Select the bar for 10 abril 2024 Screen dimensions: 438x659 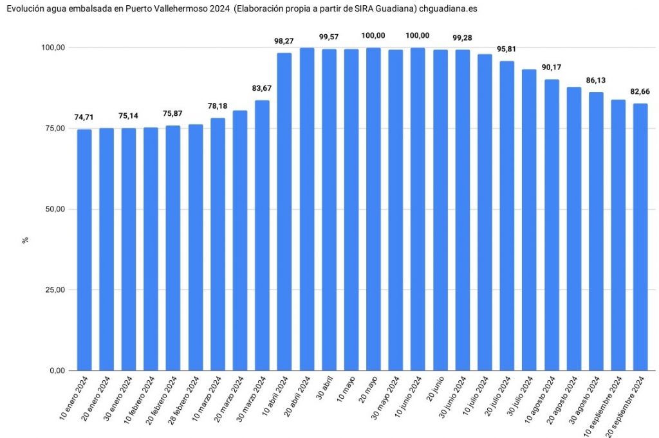[284, 212]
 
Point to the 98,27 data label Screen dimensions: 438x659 [284, 41]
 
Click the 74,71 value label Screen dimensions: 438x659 [84, 118]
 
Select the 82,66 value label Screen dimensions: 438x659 [640, 91]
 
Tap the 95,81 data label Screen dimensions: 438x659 [506, 50]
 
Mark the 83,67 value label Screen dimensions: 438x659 [262, 88]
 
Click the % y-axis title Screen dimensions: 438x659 [26, 240]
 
